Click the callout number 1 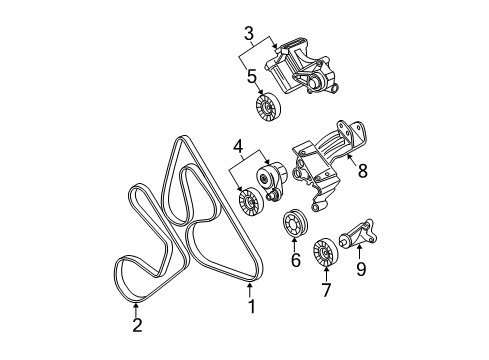(x=252, y=306)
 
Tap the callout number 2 (x=137, y=325)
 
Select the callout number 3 (x=249, y=34)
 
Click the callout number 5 (x=252, y=76)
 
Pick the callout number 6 (x=296, y=260)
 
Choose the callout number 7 (x=326, y=290)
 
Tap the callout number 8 (x=362, y=170)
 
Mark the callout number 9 (x=361, y=269)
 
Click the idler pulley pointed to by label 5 (x=268, y=107)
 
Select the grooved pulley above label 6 (x=295, y=223)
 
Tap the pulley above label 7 (x=325, y=252)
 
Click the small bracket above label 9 (x=358, y=234)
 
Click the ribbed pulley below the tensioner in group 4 (x=251, y=202)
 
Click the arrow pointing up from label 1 (x=250, y=289)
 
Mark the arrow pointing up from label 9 (x=359, y=252)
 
